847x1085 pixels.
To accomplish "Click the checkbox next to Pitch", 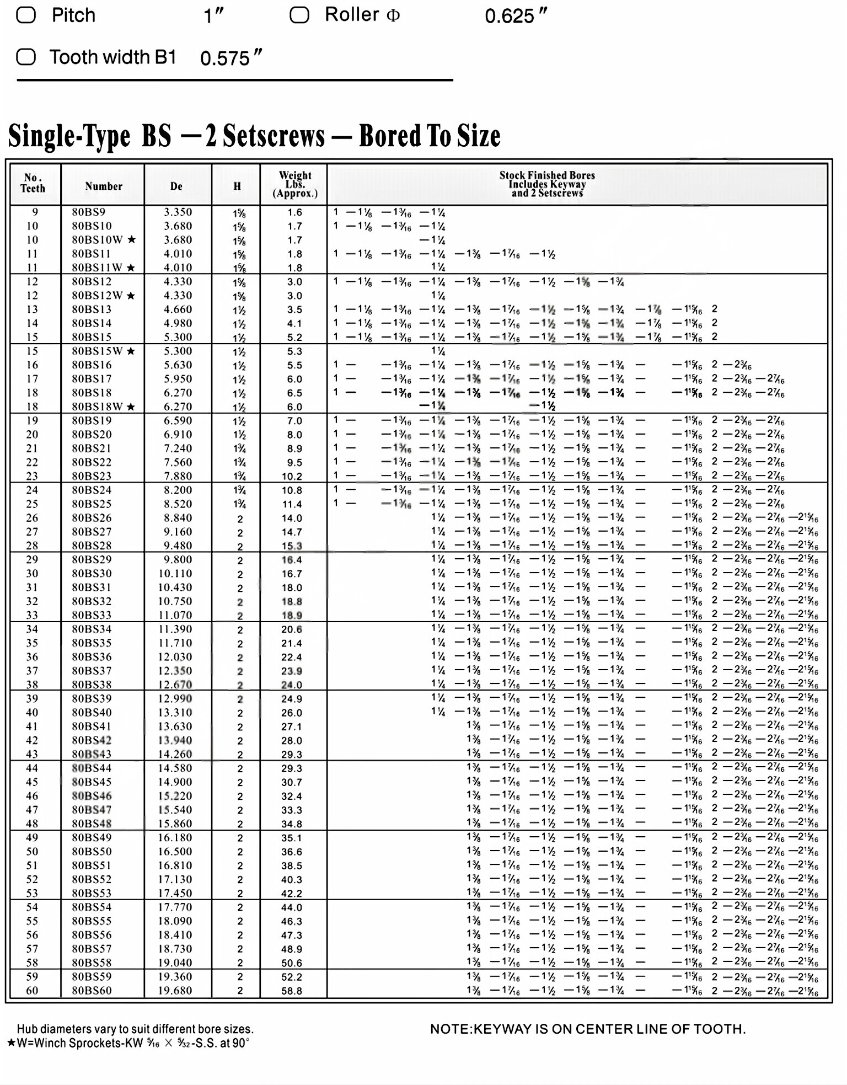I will click(26, 15).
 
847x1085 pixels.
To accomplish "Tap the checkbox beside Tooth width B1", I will click(26, 57).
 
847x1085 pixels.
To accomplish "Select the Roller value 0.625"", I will click(516, 16).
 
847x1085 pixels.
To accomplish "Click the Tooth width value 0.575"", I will click(230, 57).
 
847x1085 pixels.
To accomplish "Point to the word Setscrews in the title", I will click(274, 136).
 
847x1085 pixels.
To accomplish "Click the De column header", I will click(176, 186).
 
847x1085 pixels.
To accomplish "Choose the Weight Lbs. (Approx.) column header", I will click(295, 184).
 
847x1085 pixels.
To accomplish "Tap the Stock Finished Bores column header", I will click(547, 184).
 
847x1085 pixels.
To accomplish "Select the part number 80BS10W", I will click(97, 240).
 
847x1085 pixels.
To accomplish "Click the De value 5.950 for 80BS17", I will click(178, 379).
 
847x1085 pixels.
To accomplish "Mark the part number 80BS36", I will click(92, 657).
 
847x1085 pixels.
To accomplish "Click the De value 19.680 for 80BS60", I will click(175, 990).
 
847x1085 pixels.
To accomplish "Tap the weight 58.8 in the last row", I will click(292, 991).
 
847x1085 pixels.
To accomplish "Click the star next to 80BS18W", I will click(131, 407).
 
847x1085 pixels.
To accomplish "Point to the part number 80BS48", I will click(92, 824).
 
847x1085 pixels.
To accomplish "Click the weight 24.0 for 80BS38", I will click(292, 685).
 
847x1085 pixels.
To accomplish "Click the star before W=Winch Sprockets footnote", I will click(11, 1043).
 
